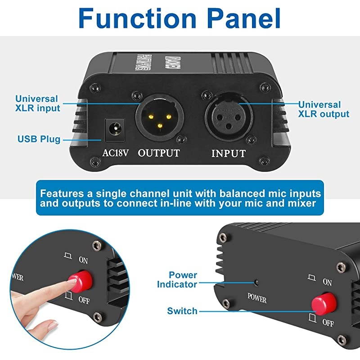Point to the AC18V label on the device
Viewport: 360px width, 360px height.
[116, 153]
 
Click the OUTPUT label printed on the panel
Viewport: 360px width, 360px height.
[159, 153]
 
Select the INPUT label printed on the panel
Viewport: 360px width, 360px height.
[229, 153]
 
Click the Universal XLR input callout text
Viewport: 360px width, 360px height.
[37, 103]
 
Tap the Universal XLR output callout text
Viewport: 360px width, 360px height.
[324, 109]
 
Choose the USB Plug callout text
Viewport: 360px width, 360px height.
[39, 139]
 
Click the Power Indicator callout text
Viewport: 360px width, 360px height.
[177, 279]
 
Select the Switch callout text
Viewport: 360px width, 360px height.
[182, 311]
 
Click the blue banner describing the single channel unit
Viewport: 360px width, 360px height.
[180, 198]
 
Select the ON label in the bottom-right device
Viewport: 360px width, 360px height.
[327, 282]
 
